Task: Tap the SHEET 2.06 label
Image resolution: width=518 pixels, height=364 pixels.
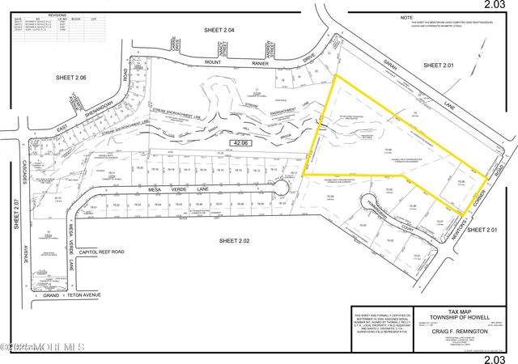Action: click(x=76, y=78)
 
